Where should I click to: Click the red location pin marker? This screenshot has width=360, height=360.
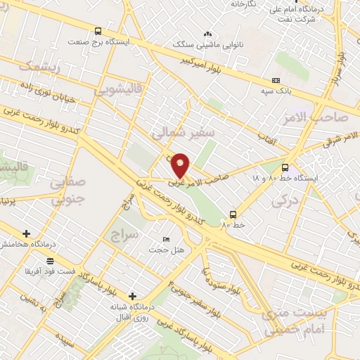coord(181,165)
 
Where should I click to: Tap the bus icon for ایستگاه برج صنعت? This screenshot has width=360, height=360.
coord(98,31)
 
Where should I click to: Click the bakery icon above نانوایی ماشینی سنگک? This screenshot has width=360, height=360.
coord(207,34)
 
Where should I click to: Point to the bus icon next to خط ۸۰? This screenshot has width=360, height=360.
coord(233,214)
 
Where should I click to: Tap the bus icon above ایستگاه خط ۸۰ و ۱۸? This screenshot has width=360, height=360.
coord(285,167)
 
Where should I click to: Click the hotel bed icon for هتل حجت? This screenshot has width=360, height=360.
coord(165,240)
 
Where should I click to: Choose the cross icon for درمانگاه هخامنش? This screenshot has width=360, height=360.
coord(26,233)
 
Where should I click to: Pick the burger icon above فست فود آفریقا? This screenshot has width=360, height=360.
coord(50,261)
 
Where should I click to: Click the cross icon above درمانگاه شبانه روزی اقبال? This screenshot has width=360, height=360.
coord(132,296)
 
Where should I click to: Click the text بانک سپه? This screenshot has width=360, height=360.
coord(274,91)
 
